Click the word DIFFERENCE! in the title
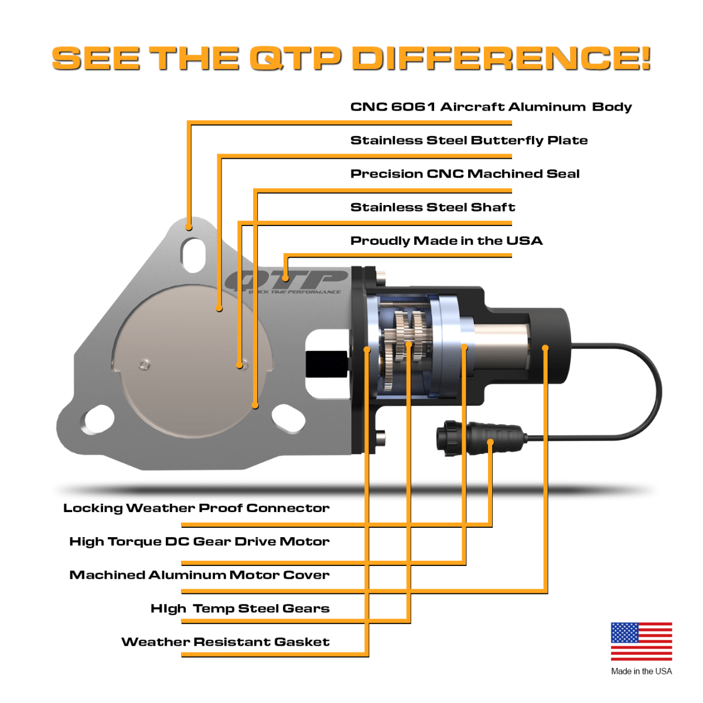pos(501,59)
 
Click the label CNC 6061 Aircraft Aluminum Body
pos(491,107)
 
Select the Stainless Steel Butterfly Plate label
pos(469,141)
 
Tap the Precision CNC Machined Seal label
pos(465,174)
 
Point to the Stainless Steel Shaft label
pos(432,207)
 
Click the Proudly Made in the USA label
pos(446,241)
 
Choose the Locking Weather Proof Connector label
pos(196,509)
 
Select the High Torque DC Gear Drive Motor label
pos(199,542)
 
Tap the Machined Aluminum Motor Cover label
pos(199,575)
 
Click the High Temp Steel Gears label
pos(240,609)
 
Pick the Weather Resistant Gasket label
pos(226,642)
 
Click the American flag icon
pos(641,641)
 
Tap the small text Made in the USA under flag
pos(641,671)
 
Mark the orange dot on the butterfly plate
pos(219,308)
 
